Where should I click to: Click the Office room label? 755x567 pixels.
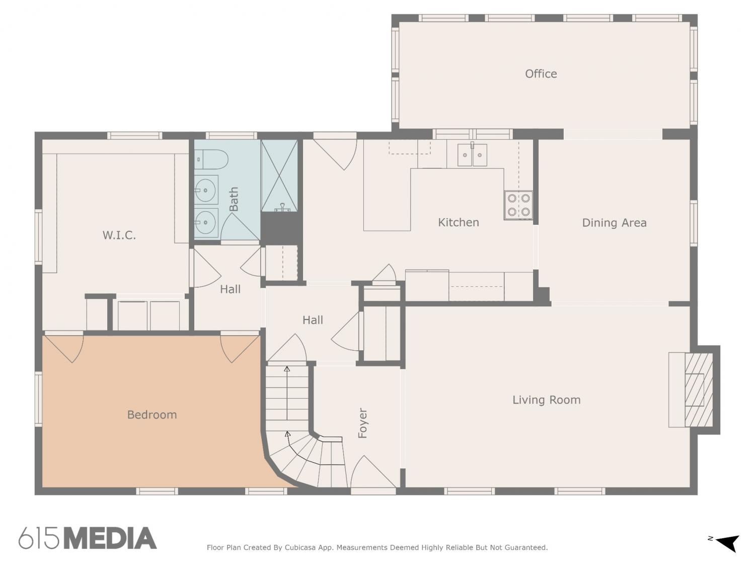tap(541, 74)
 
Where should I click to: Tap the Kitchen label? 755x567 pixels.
tap(459, 222)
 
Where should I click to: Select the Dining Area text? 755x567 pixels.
tap(615, 223)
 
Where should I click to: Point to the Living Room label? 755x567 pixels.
tap(547, 400)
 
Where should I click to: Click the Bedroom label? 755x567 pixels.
tap(152, 414)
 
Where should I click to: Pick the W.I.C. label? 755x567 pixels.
tap(119, 235)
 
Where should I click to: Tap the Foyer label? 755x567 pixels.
tap(363, 423)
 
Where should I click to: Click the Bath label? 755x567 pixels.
tap(234, 199)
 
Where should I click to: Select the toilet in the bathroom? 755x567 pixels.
tap(211, 159)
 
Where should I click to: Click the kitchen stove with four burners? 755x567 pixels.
tap(518, 205)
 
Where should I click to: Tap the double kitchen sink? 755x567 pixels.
tap(472, 155)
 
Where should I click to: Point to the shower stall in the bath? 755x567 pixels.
tap(279, 175)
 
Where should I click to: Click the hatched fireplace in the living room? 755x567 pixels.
tap(698, 390)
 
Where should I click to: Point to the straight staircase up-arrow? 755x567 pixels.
tap(287, 393)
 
